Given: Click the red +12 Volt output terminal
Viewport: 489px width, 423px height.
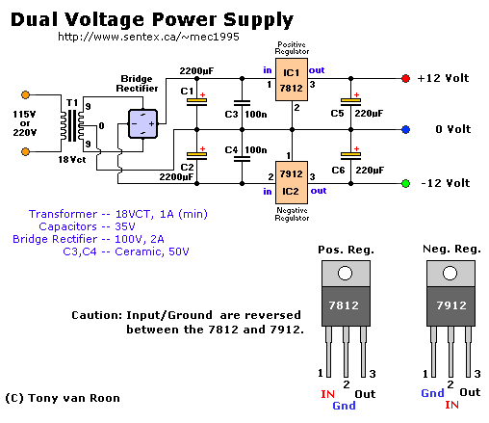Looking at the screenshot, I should [x=405, y=78].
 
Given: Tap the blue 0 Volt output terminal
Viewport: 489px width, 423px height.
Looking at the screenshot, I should [x=405, y=129].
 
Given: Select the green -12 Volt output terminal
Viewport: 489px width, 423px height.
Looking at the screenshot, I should [x=405, y=183].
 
